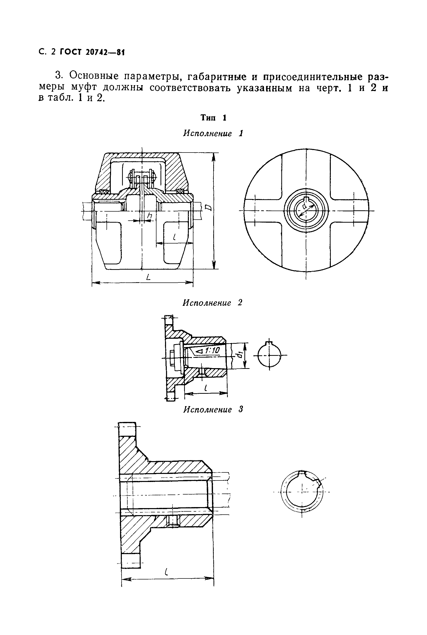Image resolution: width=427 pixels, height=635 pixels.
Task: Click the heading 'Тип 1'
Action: (x=213, y=118)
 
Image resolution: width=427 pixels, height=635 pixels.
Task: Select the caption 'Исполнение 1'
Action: (x=213, y=133)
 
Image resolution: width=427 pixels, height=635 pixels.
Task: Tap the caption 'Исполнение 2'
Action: (x=212, y=303)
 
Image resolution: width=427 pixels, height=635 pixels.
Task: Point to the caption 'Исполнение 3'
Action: (x=213, y=409)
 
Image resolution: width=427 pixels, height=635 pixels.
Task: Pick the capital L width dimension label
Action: (x=148, y=277)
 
